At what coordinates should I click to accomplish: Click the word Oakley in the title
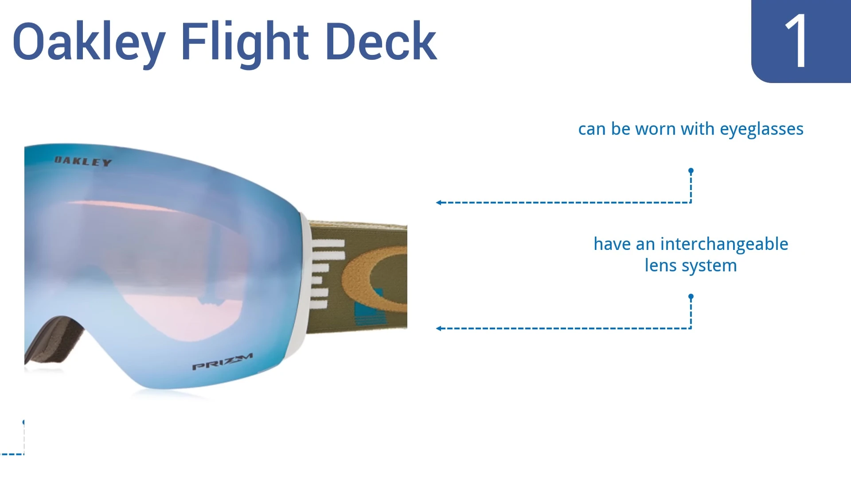89,42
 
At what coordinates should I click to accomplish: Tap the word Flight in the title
245,42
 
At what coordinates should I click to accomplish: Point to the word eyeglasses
761,129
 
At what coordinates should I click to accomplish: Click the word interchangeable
724,244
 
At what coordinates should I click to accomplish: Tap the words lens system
691,266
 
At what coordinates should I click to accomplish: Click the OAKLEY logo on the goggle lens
83,162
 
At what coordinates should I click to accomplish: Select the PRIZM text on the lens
223,361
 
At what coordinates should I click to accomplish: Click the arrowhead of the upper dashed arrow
438,202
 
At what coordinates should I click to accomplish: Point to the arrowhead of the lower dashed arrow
438,328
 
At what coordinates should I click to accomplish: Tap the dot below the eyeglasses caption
691,171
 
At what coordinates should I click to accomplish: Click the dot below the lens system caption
691,296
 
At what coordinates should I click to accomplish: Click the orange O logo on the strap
355,279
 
